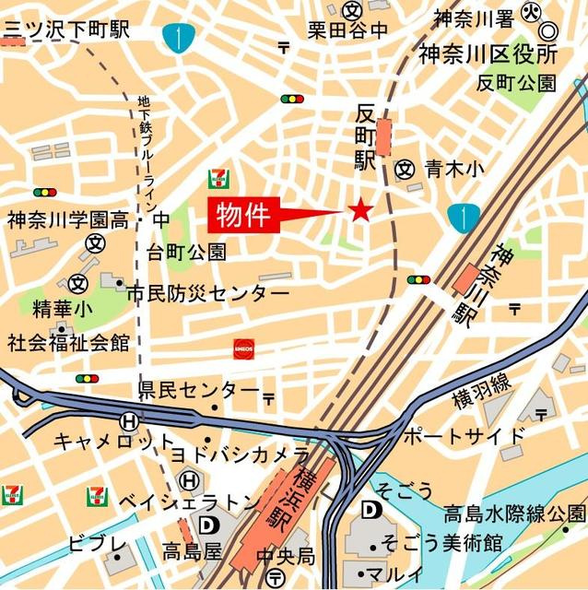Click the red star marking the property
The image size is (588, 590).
[x=359, y=211]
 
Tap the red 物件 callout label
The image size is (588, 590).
[x=243, y=216]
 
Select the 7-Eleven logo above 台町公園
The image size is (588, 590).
[x=219, y=175]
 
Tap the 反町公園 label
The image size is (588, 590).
[x=516, y=83]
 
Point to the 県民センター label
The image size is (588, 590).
[x=199, y=390]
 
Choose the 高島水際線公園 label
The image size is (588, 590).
[x=514, y=513]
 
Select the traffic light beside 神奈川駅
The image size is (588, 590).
[x=418, y=279]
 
